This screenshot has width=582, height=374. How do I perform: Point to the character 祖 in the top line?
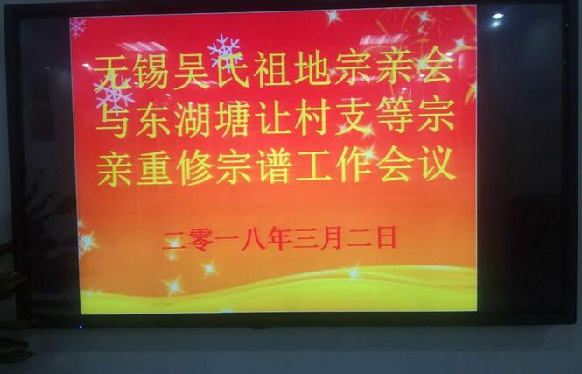click(x=271, y=70)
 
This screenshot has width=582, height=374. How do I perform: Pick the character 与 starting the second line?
click(x=113, y=120)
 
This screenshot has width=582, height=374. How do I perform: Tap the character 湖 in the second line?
click(x=193, y=119)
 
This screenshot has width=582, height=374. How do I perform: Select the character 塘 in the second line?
click(x=232, y=118)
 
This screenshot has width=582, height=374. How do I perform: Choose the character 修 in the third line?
click(x=195, y=167)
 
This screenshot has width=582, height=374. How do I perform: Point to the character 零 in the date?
click(x=200, y=240)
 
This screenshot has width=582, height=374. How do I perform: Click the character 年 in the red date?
click(x=279, y=238)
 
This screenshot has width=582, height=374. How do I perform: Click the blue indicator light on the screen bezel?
click(x=81, y=327)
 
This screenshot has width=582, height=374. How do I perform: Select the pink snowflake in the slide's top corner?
click(x=78, y=27)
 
